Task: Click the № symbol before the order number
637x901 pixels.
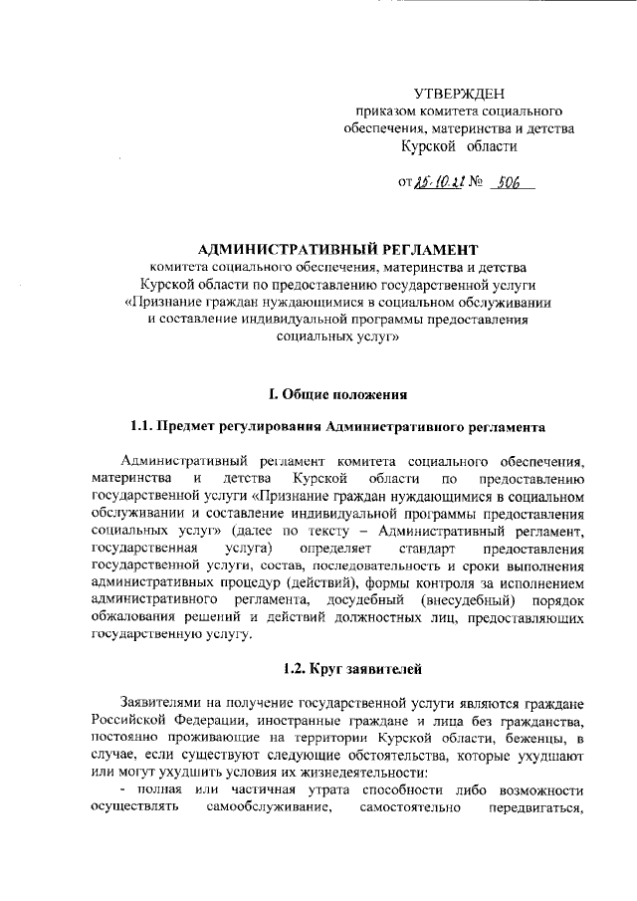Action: pyautogui.click(x=475, y=184)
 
